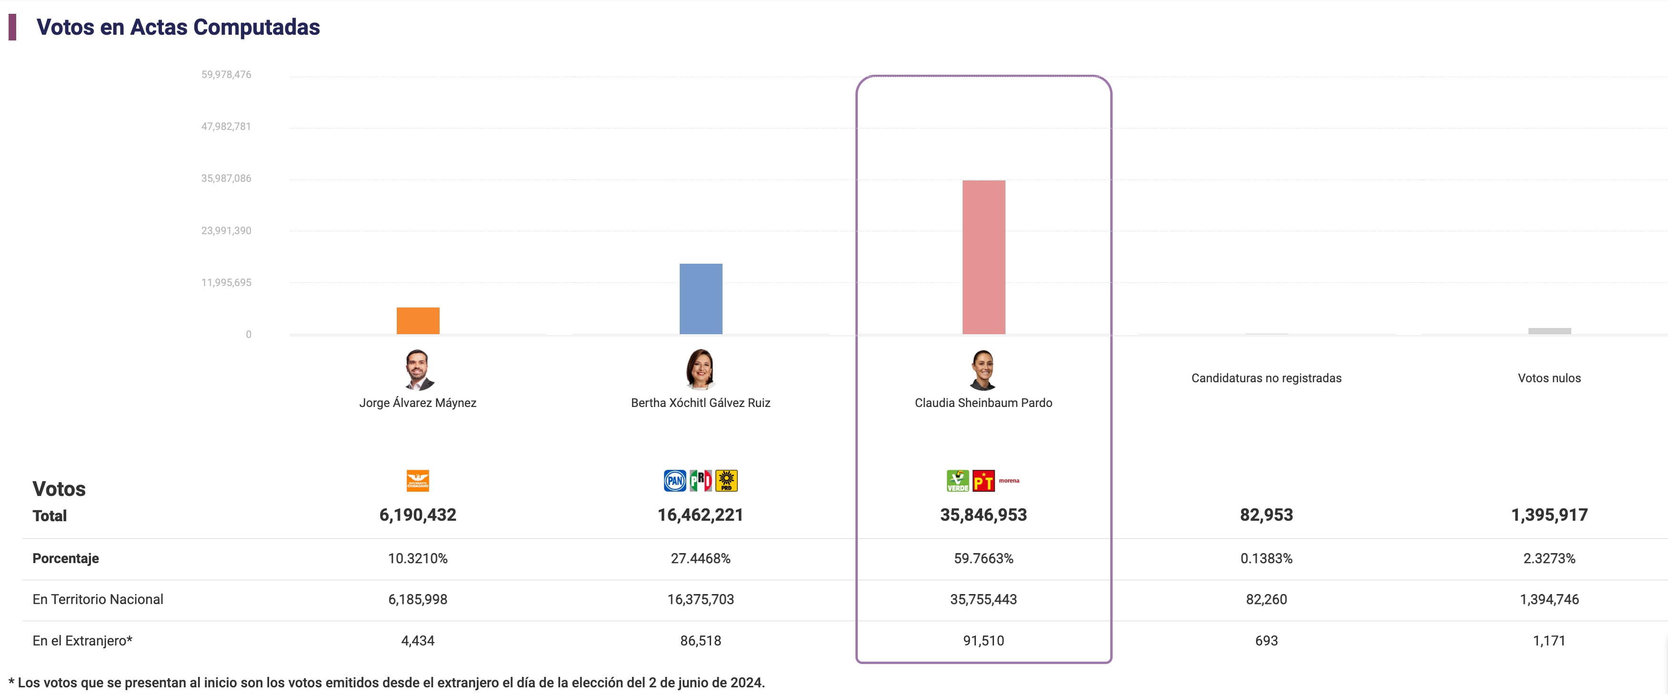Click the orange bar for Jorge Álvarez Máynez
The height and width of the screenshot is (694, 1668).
coord(418,320)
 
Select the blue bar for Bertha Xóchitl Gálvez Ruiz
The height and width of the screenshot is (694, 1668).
coord(701,298)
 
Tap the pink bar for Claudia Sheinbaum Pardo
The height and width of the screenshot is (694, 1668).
coord(984,257)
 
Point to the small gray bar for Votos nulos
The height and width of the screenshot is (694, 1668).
coord(1549,331)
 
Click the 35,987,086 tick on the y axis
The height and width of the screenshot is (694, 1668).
coord(226,178)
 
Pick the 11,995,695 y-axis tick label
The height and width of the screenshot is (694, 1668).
coord(226,282)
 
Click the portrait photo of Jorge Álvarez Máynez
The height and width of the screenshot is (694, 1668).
coord(418,370)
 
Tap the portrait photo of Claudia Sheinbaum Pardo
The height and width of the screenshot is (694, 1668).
coord(983,370)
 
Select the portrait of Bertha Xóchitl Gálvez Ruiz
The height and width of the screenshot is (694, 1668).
coord(700,370)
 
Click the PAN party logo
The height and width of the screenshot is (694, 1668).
coord(675,480)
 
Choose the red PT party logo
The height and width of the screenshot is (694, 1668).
coord(983,480)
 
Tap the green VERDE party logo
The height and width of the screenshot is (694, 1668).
coord(958,480)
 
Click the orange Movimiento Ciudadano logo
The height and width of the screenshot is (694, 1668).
coord(418,480)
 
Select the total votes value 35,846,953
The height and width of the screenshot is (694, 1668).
coord(983,515)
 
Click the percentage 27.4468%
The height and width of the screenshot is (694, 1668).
coord(700,558)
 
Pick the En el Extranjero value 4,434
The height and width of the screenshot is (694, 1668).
coord(418,640)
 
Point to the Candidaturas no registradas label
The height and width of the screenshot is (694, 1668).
coord(1266,378)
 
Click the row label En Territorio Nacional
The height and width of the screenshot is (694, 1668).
coord(98,599)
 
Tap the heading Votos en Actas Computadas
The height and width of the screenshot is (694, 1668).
coord(178,27)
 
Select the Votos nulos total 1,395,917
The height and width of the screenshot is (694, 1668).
coord(1549,515)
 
